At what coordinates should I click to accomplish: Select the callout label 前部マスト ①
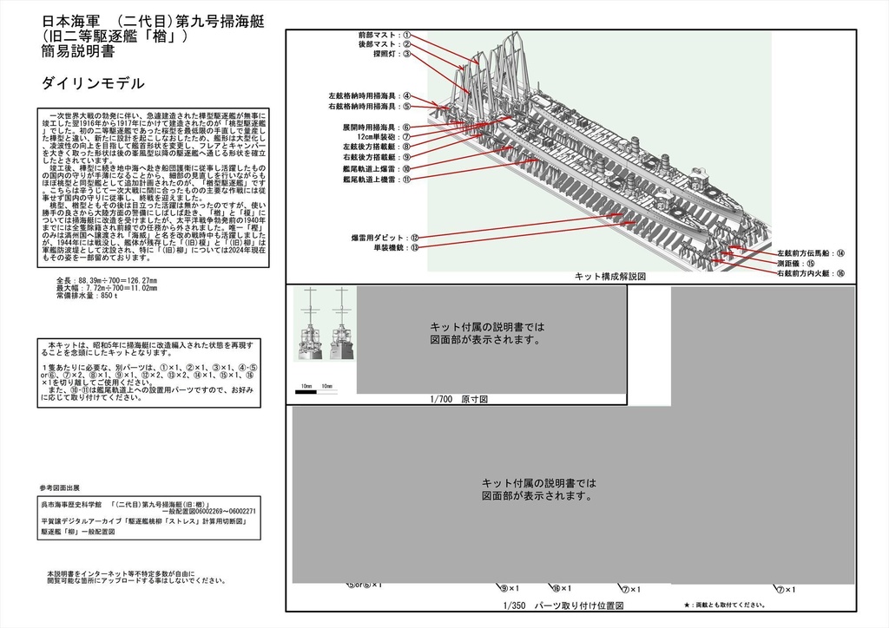click(383, 36)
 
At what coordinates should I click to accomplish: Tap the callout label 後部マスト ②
click(383, 44)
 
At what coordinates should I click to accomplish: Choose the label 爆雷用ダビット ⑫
click(385, 237)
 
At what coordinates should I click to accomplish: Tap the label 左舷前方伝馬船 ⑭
click(811, 253)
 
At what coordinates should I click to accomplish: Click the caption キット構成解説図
click(610, 276)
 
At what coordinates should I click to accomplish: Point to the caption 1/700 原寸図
click(459, 400)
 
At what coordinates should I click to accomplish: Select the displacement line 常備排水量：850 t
click(86, 296)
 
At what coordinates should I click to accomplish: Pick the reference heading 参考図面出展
click(60, 487)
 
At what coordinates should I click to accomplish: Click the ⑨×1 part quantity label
click(510, 588)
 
